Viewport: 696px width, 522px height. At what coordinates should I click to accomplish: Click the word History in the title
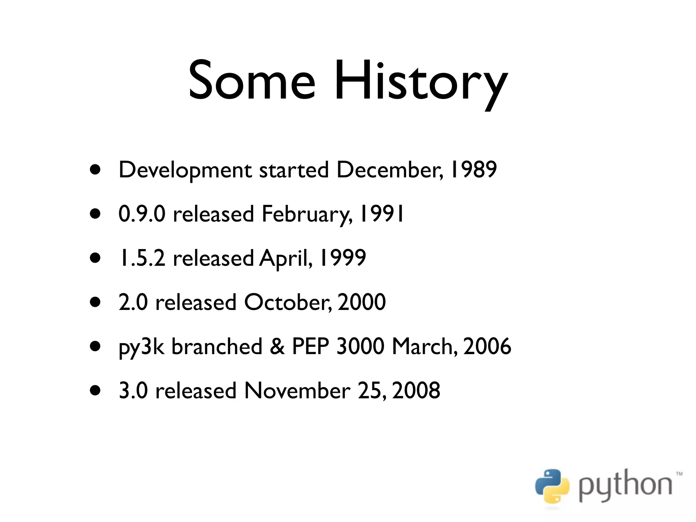pyautogui.click(x=421, y=83)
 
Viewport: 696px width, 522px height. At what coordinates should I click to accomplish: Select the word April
pyautogui.click(x=285, y=259)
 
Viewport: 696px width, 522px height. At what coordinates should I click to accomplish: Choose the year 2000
pyautogui.click(x=362, y=302)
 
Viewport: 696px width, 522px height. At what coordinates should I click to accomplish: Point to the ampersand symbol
pyautogui.click(x=277, y=346)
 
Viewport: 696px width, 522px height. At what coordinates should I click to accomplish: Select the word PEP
pyautogui.click(x=311, y=346)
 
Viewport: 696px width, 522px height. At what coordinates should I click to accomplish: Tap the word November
pyautogui.click(x=297, y=390)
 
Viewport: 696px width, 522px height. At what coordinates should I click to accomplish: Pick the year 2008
pyautogui.click(x=416, y=390)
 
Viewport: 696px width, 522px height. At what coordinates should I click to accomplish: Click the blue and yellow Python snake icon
pyautogui.click(x=552, y=486)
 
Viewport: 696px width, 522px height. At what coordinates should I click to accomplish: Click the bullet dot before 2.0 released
pyautogui.click(x=95, y=302)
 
